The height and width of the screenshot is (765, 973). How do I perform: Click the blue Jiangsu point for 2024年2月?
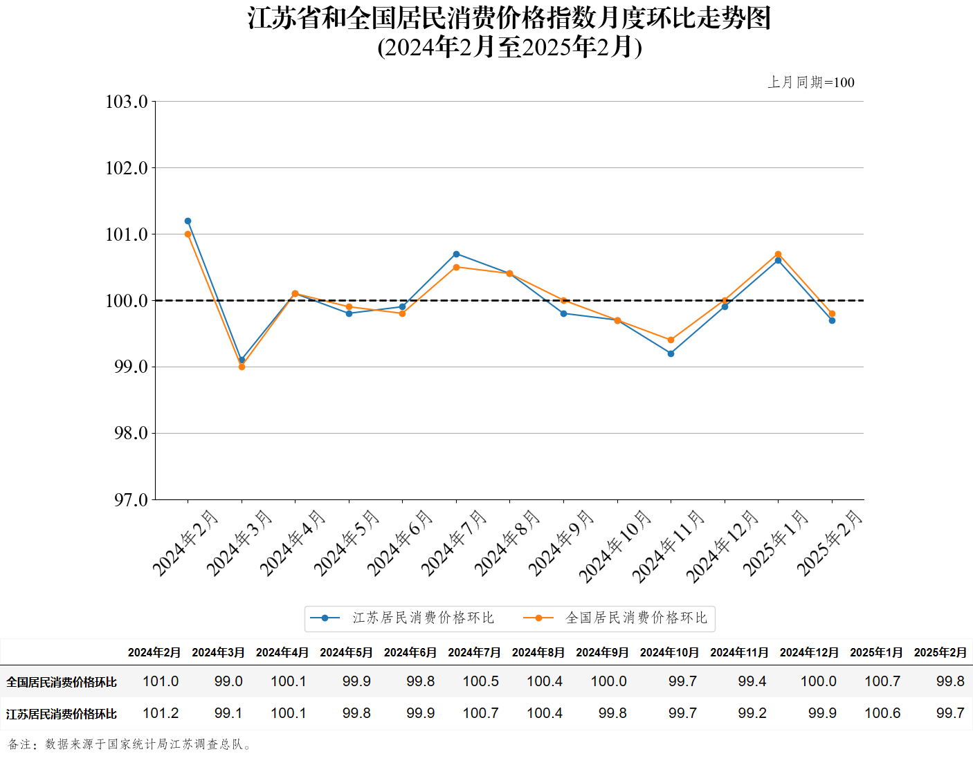(188, 221)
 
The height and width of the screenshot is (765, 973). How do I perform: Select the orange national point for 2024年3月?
(242, 367)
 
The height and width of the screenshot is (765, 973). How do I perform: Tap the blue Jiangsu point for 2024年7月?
(456, 254)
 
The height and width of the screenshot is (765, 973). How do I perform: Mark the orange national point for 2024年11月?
(671, 340)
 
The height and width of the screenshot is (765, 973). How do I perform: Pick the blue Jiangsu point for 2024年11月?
(671, 353)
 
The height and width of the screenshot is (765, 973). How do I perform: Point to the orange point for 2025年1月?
(778, 254)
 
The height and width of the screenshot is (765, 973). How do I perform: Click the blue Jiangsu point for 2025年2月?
(832, 320)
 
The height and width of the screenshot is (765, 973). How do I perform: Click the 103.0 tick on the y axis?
(127, 102)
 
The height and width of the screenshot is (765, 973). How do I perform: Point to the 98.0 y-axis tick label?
(131, 433)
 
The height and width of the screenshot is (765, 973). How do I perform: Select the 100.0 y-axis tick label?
(127, 301)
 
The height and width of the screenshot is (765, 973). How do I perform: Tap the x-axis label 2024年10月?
(615, 546)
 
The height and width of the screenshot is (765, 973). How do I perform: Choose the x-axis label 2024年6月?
(399, 543)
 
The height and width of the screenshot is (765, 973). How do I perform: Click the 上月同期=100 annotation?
(810, 82)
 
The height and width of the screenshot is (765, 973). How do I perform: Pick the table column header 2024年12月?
(808, 652)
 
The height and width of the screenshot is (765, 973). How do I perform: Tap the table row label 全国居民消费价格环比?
(62, 682)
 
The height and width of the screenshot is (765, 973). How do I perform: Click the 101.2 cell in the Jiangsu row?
(161, 713)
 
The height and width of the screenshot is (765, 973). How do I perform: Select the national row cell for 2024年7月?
(480, 681)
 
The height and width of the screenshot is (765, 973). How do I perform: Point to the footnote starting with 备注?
(130, 744)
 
